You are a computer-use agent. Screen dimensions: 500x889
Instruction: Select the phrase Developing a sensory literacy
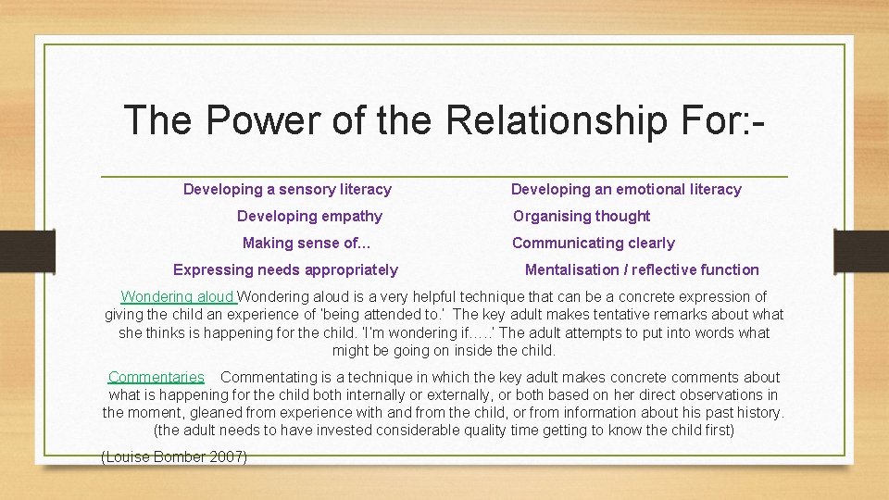pyautogui.click(x=287, y=189)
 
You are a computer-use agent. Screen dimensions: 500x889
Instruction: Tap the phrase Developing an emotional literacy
pyautogui.click(x=626, y=189)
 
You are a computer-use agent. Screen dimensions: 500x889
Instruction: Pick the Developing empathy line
pyautogui.click(x=309, y=216)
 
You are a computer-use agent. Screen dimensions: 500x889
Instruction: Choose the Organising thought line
pyautogui.click(x=582, y=216)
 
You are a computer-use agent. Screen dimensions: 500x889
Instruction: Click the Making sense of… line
pyautogui.click(x=307, y=243)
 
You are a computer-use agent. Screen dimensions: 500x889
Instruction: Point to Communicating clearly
pyautogui.click(x=594, y=243)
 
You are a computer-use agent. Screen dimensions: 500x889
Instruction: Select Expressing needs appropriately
pyautogui.click(x=285, y=269)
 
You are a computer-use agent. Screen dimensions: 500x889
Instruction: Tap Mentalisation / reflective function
pyautogui.click(x=642, y=269)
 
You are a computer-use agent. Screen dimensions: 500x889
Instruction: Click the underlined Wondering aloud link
pyautogui.click(x=179, y=297)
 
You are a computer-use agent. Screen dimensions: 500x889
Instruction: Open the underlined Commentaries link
pyautogui.click(x=156, y=377)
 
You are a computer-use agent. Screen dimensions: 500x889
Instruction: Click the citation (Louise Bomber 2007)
pyautogui.click(x=173, y=456)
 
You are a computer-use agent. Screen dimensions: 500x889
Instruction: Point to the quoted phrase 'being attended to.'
pyautogui.click(x=389, y=315)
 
